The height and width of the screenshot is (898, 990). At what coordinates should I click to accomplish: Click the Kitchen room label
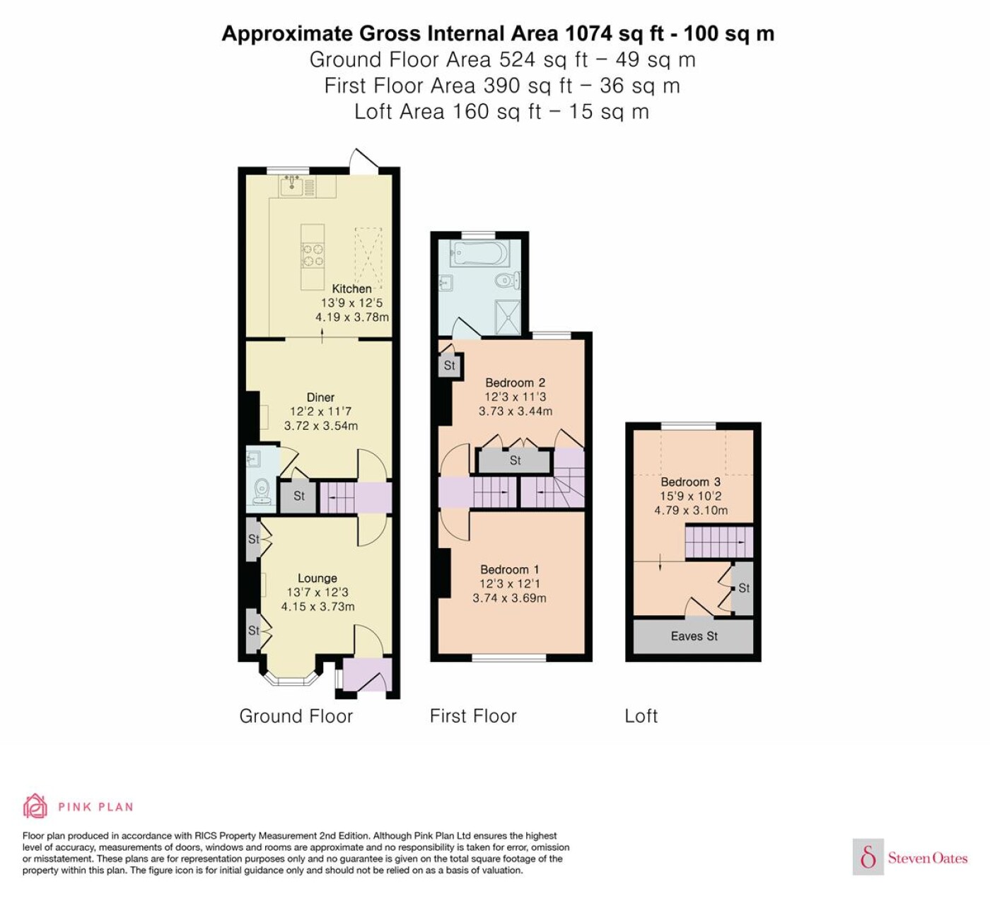[x=351, y=288]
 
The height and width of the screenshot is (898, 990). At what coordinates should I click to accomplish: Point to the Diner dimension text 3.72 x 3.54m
[x=321, y=426]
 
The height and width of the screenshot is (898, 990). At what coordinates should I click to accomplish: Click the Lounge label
[x=318, y=578]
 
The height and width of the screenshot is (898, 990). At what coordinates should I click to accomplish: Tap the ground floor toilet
[x=262, y=491]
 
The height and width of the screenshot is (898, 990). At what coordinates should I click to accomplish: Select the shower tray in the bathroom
[x=507, y=317]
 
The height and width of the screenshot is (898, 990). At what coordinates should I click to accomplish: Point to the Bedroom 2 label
[x=516, y=383]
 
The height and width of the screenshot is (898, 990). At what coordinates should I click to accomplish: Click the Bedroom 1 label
[x=509, y=570]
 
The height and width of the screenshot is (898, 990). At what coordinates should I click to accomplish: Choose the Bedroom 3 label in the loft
[x=690, y=482]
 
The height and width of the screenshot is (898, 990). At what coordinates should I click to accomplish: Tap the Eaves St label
[x=694, y=636]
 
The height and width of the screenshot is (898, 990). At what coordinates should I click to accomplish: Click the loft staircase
[x=718, y=542]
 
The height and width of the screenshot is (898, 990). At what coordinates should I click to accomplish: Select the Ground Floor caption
[x=296, y=716]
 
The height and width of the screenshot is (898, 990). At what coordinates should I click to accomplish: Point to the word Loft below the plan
[x=641, y=716]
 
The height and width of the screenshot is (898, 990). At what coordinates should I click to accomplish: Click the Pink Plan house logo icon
[x=35, y=806]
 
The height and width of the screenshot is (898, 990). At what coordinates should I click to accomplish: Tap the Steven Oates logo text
[x=928, y=858]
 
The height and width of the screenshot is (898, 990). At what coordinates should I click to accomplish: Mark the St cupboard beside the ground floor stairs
[x=298, y=496]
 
